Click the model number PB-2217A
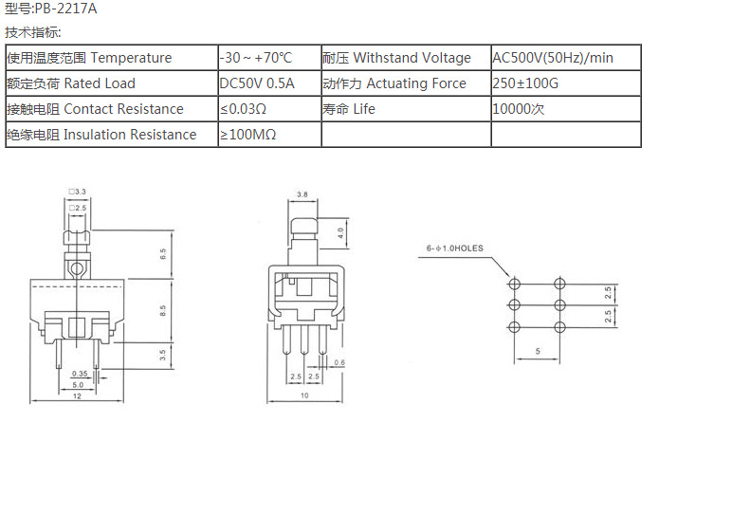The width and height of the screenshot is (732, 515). pos(65,9)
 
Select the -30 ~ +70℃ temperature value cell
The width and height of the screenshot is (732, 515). pos(270,58)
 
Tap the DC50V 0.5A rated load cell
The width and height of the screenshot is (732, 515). pos(270,83)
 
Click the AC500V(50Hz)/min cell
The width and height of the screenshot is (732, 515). pos(566,58)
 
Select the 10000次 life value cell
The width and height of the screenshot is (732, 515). pos(566,109)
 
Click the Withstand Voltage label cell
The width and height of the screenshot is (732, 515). pos(406,58)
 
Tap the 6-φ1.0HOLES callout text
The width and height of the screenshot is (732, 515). pos(455,248)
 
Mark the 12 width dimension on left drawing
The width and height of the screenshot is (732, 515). pos(77,395)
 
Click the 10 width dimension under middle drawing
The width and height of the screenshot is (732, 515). pos(304,395)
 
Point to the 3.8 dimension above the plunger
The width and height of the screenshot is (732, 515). pos(302,194)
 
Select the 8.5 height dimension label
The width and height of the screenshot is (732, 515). pos(162,310)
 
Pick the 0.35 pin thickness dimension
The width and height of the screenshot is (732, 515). pos(80,374)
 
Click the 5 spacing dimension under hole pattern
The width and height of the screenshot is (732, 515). pos(538,351)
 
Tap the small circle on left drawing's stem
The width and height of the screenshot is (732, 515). pos(76,269)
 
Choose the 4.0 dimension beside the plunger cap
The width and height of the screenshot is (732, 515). pos(340,232)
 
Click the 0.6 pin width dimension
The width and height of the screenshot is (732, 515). pos(339,362)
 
